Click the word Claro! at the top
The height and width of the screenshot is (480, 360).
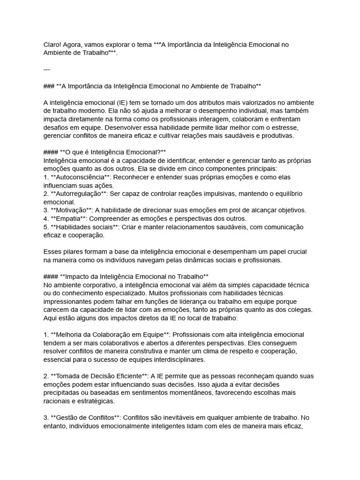53,45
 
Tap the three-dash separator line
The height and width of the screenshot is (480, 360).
46,69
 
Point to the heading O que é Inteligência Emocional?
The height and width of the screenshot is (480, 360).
111,152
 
